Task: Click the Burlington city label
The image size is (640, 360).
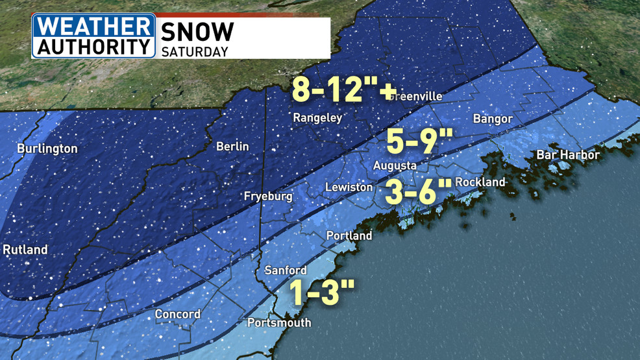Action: (47, 149)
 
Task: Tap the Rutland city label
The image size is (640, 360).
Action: (25, 249)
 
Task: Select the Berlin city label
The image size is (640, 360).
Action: (232, 147)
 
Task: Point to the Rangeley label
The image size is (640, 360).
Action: (317, 118)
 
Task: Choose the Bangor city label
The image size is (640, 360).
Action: (493, 119)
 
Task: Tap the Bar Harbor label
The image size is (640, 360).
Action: (567, 155)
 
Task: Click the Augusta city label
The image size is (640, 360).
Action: (395, 166)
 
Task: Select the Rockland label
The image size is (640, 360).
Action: (480, 182)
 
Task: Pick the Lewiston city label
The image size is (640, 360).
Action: (349, 187)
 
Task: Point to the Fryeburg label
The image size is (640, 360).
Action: (268, 196)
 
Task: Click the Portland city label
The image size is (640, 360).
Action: (349, 235)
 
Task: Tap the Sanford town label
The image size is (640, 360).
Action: (286, 270)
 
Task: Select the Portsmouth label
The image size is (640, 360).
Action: (279, 322)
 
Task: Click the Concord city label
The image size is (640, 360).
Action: (177, 315)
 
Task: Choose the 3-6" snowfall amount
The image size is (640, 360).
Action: (418, 192)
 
